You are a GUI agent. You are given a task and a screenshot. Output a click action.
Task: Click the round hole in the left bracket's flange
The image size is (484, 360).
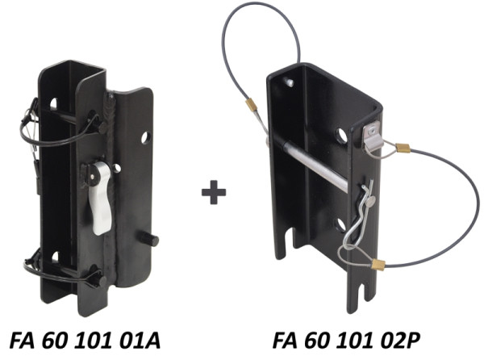pos(145,138)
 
